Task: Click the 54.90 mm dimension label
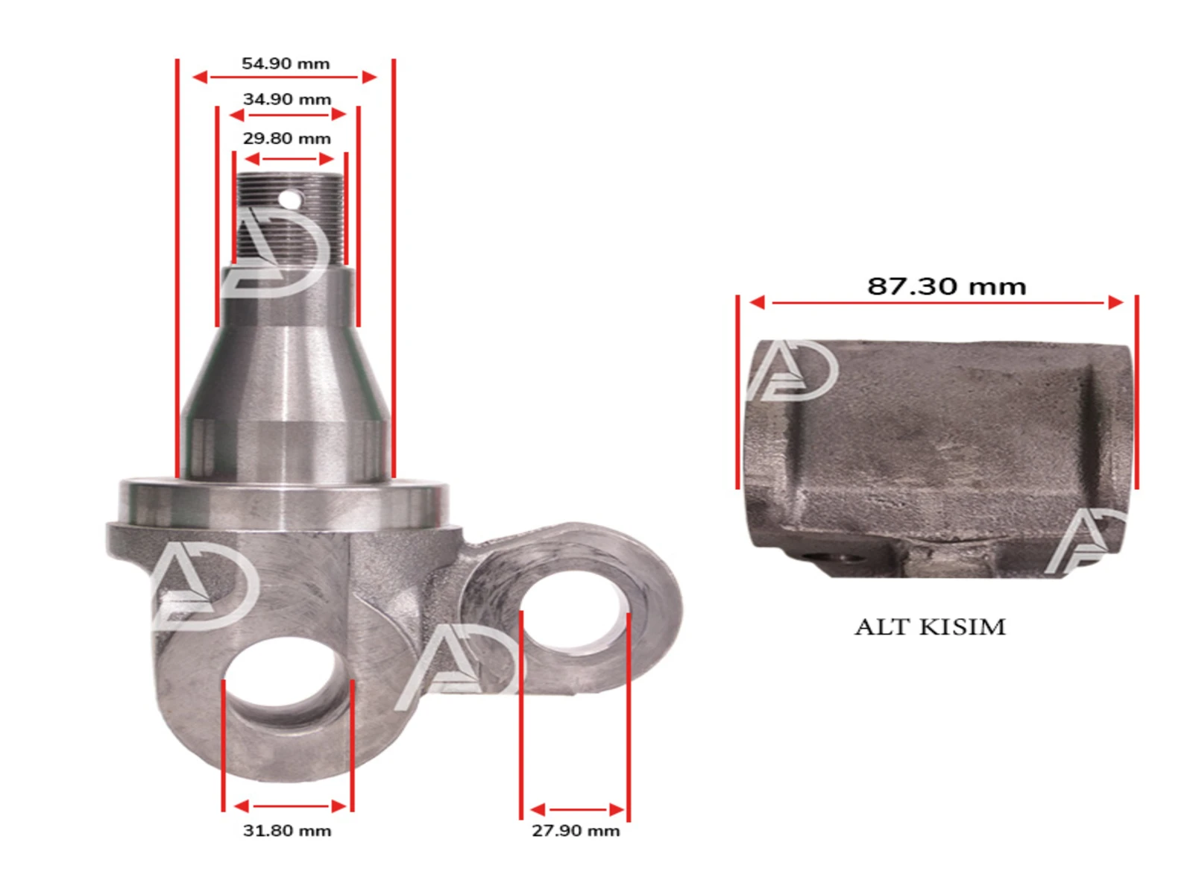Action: click(x=286, y=64)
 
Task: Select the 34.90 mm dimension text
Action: click(x=287, y=99)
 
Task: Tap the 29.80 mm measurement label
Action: click(x=287, y=139)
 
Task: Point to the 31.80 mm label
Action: click(x=287, y=831)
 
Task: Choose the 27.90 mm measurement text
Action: click(x=576, y=831)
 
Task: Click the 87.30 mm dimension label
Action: click(x=946, y=286)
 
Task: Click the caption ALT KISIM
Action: click(x=930, y=626)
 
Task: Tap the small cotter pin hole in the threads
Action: click(x=290, y=199)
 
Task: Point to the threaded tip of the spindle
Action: click(x=290, y=216)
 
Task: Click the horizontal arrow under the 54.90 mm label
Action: click(x=285, y=77)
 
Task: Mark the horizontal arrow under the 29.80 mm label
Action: click(x=289, y=159)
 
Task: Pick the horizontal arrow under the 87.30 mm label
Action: click(x=937, y=303)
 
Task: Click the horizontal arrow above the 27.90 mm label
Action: click(x=576, y=810)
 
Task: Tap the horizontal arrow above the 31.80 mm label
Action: click(x=289, y=806)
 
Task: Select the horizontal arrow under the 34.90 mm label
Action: click(x=288, y=115)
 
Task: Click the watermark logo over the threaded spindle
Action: click(x=276, y=254)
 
